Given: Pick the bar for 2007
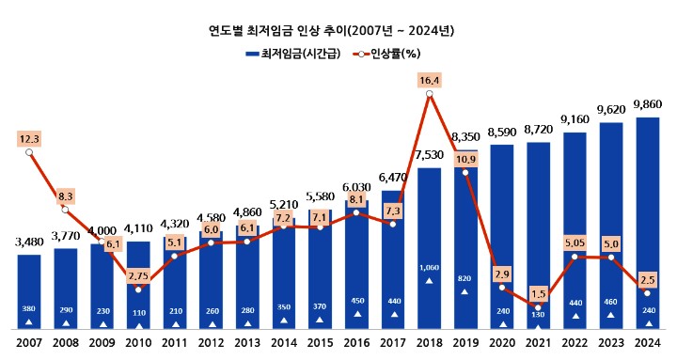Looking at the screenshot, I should pyautogui.click(x=30, y=291).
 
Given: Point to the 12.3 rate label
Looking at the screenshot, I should pyautogui.click(x=30, y=139).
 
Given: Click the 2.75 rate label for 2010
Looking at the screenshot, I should pyautogui.click(x=138, y=275).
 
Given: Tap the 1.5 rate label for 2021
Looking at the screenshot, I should pyautogui.click(x=538, y=292).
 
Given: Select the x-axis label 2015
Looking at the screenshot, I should pyautogui.click(x=321, y=345).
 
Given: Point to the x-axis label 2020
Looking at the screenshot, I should pyautogui.click(x=502, y=345).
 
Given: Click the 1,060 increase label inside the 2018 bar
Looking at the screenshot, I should pyautogui.click(x=430, y=267).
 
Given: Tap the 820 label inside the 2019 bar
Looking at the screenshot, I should pyautogui.click(x=465, y=278).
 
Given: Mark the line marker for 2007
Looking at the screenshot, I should pyautogui.click(x=30, y=152).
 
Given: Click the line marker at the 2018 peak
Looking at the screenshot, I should pyautogui.click(x=430, y=94).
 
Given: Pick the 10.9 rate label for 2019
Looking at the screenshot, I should pyautogui.click(x=465, y=159).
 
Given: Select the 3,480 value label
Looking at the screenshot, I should pyautogui.click(x=30, y=242).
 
